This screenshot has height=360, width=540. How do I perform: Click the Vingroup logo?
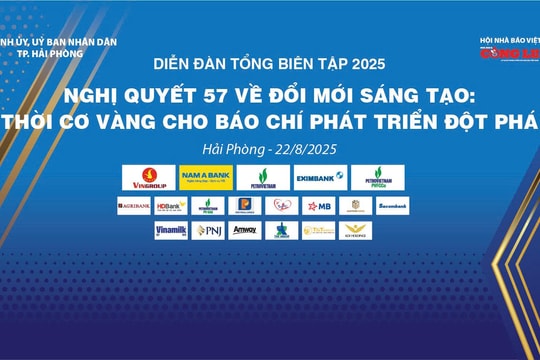click(x=148, y=178)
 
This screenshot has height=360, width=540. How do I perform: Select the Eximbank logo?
click(x=320, y=178)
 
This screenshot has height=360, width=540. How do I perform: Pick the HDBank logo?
click(x=171, y=205)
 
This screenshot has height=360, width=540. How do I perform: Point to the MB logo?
click(x=317, y=205)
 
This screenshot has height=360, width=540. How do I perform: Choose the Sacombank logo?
click(x=391, y=205)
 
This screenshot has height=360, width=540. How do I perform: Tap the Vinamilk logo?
click(x=171, y=231)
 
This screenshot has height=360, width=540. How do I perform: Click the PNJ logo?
click(x=208, y=231)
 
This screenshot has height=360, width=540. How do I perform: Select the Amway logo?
click(x=245, y=231)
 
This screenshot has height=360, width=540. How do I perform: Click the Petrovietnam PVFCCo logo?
click(x=378, y=178)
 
